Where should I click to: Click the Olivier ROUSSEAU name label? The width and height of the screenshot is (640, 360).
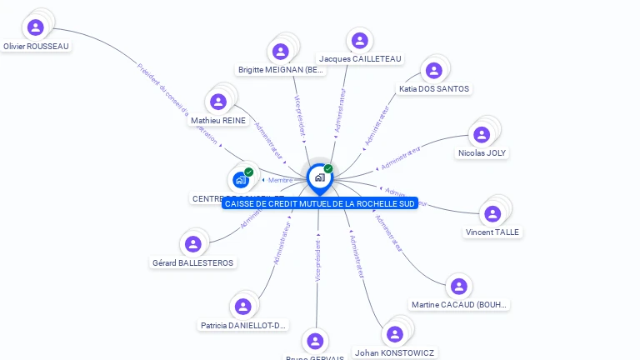pyautogui.click(x=36, y=47)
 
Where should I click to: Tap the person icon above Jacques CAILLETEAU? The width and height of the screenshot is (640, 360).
pyautogui.click(x=359, y=40)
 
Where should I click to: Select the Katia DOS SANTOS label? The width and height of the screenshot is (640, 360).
pyautogui.click(x=433, y=88)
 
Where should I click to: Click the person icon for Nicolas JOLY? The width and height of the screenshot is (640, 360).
pyautogui.click(x=482, y=134)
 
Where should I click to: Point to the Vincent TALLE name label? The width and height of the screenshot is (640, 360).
pyautogui.click(x=492, y=232)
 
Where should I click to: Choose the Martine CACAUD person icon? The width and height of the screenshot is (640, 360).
pyautogui.click(x=458, y=286)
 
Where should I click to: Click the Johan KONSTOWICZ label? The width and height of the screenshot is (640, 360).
pyautogui.click(x=395, y=352)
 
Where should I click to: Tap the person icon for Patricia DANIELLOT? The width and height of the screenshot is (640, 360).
pyautogui.click(x=242, y=306)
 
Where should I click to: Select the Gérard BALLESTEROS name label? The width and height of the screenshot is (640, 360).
pyautogui.click(x=193, y=262)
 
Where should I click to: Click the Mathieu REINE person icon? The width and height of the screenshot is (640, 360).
pyautogui.click(x=218, y=102)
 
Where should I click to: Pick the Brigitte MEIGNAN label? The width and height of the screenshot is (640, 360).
pyautogui.click(x=281, y=70)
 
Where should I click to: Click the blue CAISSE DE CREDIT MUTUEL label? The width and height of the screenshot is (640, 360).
pyautogui.click(x=320, y=203)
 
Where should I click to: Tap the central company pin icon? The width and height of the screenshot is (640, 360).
pyautogui.click(x=319, y=177)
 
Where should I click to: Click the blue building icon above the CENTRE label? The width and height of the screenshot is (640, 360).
pyautogui.click(x=241, y=179)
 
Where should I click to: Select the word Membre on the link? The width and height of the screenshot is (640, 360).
pyautogui.click(x=280, y=180)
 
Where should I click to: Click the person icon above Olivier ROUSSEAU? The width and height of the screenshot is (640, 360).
pyautogui.click(x=36, y=27)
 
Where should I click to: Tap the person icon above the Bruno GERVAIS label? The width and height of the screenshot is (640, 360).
pyautogui.click(x=315, y=341)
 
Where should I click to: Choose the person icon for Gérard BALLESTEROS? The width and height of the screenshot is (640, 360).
pyautogui.click(x=193, y=243)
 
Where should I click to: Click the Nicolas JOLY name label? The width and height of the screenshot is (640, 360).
pyautogui.click(x=482, y=153)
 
